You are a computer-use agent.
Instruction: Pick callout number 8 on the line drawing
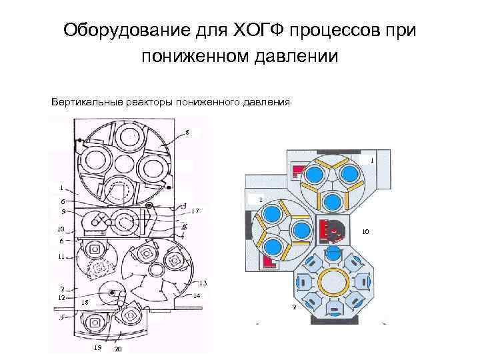[x=187, y=132]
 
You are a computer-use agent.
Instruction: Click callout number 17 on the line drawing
[x=195, y=211]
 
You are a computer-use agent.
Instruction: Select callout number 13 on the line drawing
[x=203, y=281]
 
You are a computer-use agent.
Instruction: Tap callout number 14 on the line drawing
[x=197, y=295]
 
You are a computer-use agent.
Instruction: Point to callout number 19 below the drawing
[x=97, y=348]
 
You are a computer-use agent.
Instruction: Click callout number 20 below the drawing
[x=118, y=350]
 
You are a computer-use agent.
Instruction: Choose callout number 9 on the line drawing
[x=63, y=211]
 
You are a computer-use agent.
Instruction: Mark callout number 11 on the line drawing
[x=61, y=256]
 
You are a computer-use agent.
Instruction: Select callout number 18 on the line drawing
[x=84, y=303]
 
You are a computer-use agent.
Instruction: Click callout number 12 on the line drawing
[x=61, y=297]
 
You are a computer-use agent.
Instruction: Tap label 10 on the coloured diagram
[x=365, y=232]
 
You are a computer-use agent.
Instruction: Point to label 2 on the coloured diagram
[x=294, y=307]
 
